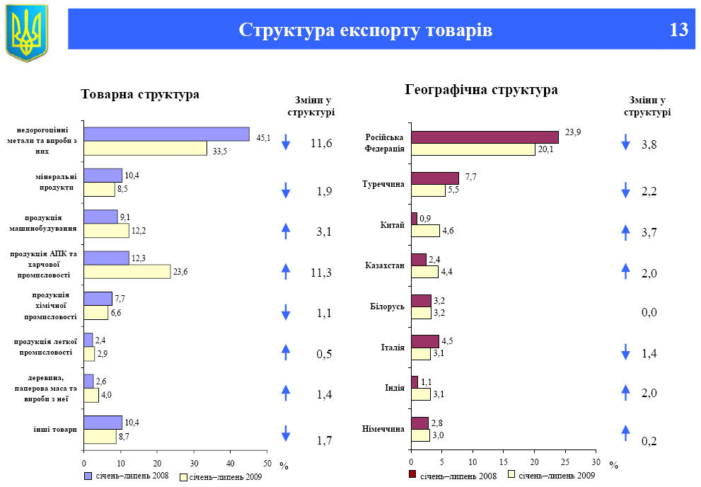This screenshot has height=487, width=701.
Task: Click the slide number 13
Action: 678,30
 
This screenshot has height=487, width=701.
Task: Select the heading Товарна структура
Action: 140,95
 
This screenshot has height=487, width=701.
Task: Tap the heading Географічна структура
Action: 482,90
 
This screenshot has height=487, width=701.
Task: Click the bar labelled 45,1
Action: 166,134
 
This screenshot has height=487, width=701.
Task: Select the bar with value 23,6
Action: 127,272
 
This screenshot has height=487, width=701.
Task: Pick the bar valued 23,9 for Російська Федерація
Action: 485,137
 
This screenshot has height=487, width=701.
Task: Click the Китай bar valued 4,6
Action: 424,230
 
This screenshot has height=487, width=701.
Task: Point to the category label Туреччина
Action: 383,184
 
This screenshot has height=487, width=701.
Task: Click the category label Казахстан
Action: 385,265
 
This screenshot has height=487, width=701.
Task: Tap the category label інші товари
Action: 55,429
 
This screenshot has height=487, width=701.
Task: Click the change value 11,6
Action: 321,144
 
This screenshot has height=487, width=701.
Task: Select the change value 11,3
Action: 321,272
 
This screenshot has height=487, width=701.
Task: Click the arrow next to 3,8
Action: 625,143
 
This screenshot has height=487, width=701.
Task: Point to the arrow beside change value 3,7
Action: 625,231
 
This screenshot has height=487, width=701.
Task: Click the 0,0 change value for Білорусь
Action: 649,313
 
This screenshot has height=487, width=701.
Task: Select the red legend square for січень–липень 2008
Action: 413,475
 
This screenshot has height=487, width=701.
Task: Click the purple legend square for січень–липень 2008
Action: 88,475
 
